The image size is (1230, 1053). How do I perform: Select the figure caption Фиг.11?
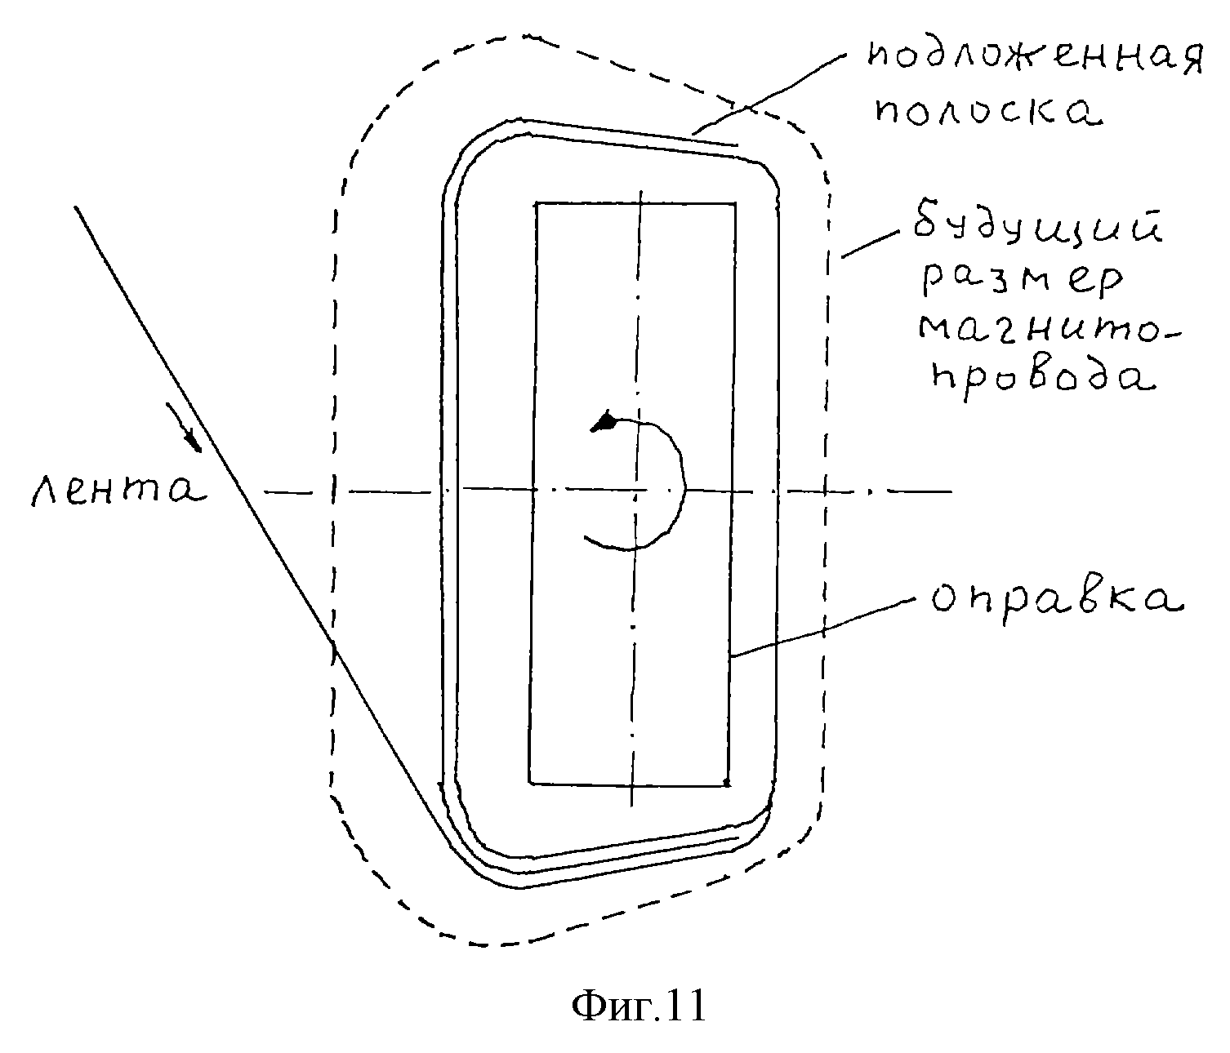click(x=638, y=1006)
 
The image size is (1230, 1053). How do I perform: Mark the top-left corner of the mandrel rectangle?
click(x=536, y=203)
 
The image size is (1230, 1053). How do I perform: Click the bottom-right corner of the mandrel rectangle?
click(x=728, y=784)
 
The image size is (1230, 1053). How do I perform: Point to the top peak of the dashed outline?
click(x=523, y=36)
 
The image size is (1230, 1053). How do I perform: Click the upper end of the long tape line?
click(x=77, y=208)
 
